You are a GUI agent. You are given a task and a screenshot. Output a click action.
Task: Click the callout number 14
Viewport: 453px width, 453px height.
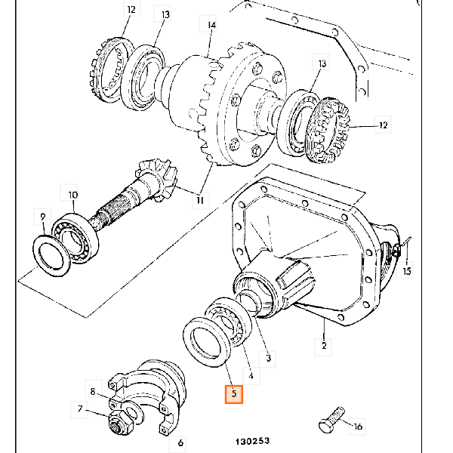(211, 26)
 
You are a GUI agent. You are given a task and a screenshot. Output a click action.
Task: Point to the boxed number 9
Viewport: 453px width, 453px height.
(43, 218)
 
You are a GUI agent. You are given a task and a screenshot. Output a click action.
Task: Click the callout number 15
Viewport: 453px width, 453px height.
(407, 270)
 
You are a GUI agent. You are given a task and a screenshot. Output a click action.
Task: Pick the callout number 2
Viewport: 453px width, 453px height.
(324, 346)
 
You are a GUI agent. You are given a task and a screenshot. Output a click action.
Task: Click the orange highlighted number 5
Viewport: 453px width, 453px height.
(234, 393)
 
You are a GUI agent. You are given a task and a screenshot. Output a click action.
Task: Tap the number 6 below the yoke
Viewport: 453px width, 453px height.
(181, 442)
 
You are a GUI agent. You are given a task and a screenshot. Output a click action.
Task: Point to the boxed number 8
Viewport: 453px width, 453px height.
(93, 391)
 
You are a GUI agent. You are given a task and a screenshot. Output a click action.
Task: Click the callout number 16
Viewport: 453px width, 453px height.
(357, 427)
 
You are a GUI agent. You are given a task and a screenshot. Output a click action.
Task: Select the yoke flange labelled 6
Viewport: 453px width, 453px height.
(151, 393)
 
